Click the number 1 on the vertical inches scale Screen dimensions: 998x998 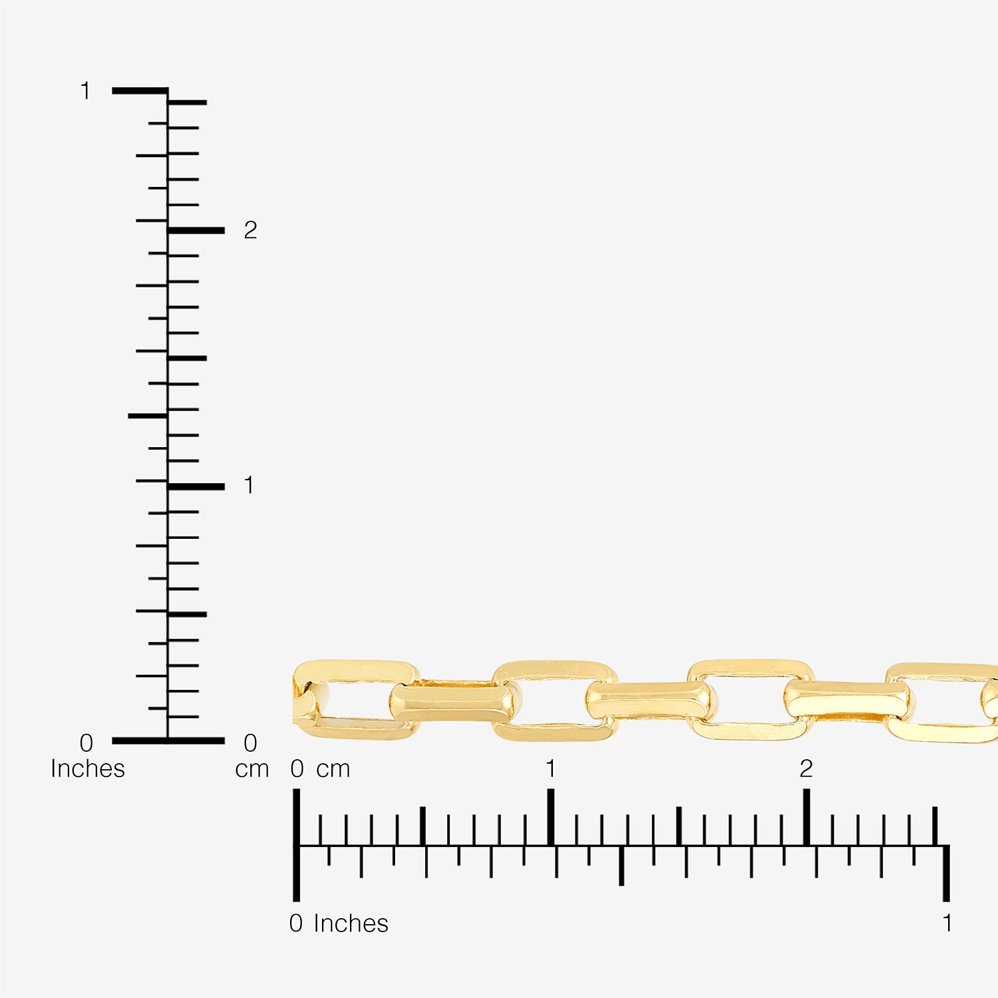pos(85,90)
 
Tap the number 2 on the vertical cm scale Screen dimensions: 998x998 pos(250,230)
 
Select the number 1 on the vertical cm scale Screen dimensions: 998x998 pos(249,486)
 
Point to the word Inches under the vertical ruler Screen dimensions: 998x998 pos(88,769)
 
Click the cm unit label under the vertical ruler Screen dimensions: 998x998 pos(252,770)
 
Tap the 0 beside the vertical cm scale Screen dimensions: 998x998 pos(250,743)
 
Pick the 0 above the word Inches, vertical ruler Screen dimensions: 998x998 pos(86,743)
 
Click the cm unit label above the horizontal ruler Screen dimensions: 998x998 pos(333,770)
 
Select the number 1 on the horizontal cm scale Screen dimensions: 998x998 pos(550,769)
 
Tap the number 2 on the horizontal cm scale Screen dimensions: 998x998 pos(806,769)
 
